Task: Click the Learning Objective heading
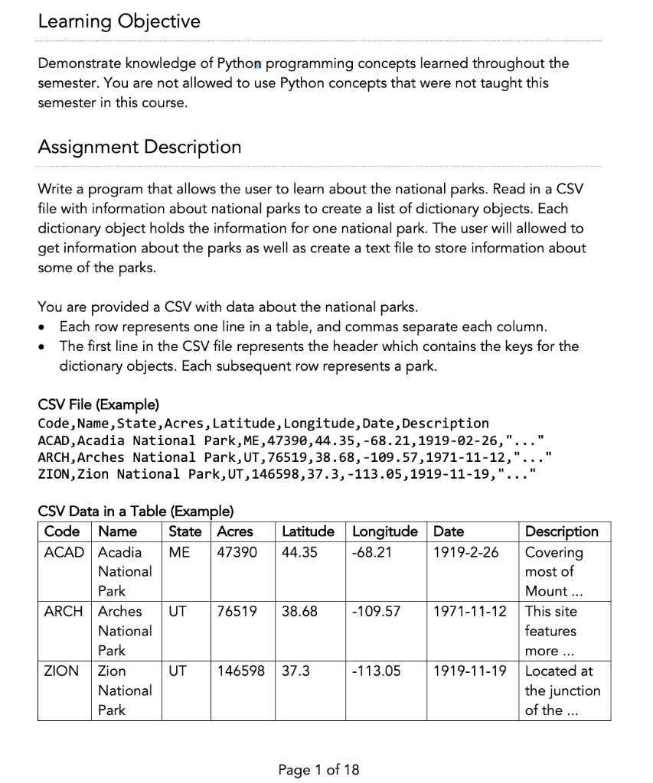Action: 119,21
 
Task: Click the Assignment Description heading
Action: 139,147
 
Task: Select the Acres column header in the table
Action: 235,531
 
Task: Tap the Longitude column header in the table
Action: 384,531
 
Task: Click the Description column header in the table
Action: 562,531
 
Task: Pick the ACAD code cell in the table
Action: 64,552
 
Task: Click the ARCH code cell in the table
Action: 64,612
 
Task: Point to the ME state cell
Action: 178,552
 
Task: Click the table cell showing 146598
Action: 241,671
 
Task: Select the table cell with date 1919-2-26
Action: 465,552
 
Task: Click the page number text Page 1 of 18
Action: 318,769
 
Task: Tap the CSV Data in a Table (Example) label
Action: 135,512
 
